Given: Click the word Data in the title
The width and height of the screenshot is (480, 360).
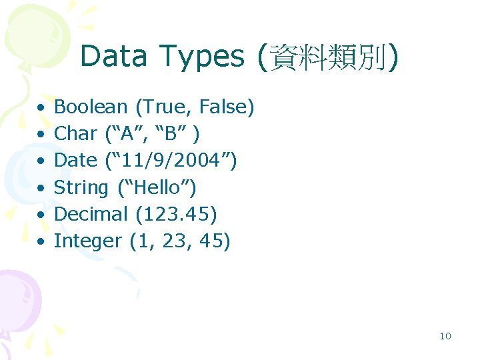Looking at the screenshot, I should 113,57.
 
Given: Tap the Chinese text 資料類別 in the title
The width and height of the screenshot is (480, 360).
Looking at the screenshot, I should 327,57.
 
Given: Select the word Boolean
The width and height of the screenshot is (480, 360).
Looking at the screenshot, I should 91,107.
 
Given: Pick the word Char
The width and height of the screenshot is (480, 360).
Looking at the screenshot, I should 75,133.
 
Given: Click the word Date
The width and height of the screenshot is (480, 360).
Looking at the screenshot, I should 75,161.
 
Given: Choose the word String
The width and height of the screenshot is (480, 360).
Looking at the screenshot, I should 81,188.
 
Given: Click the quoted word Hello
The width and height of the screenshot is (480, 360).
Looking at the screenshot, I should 157,187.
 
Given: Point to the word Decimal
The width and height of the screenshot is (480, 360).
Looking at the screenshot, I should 91,214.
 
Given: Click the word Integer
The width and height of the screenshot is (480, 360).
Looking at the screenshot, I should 87,241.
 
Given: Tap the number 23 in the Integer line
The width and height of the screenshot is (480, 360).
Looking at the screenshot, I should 174,241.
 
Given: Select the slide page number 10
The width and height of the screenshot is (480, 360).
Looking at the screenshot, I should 445,336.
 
